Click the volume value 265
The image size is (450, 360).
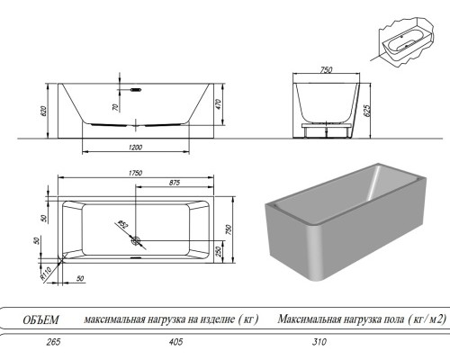[38, 343]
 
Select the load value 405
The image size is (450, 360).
[175, 343]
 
